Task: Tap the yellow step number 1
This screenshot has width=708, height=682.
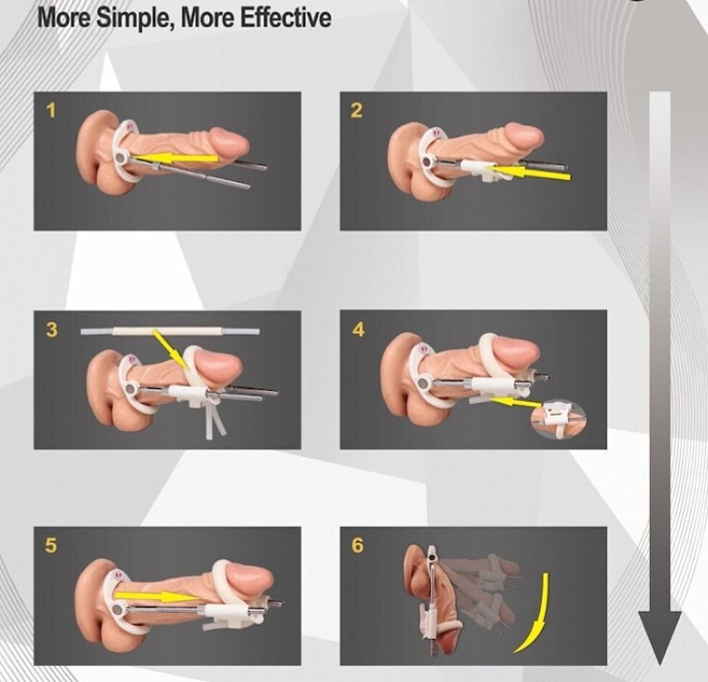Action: [x=51, y=111]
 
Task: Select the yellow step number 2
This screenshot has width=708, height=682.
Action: [x=356, y=111]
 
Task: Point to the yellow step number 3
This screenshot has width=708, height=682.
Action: [x=51, y=329]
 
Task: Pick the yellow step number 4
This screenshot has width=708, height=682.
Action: [x=357, y=329]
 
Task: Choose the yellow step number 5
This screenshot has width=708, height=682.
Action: [x=51, y=547]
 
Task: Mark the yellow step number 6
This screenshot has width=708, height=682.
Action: [x=357, y=547]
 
